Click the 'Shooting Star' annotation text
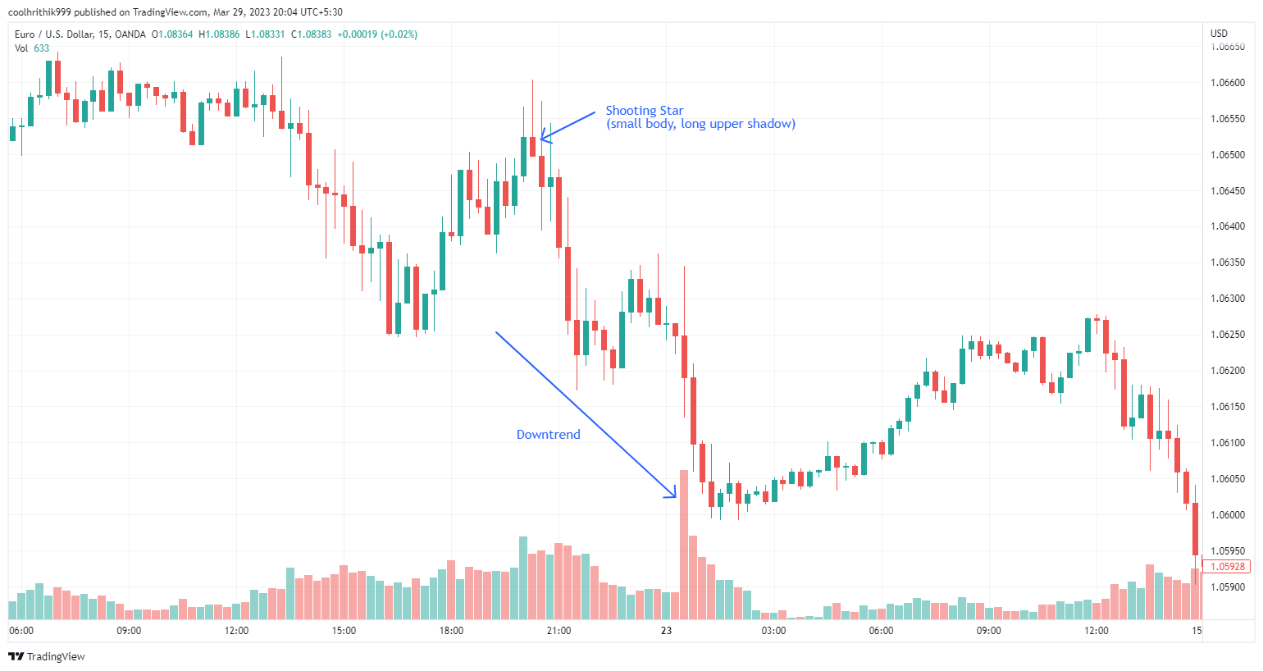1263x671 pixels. point(644,111)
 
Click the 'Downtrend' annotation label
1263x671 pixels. point(548,435)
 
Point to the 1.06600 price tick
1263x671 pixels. point(1228,83)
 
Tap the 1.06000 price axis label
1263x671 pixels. point(1228,515)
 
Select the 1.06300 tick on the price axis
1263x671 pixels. point(1228,299)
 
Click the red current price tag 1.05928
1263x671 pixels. point(1228,567)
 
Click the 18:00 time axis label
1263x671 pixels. point(451,631)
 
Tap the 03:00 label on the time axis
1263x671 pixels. point(773,631)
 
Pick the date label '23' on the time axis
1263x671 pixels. point(666,631)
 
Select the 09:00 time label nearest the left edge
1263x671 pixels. point(129,631)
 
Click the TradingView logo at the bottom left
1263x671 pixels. point(47,656)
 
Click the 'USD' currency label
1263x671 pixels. point(1219,34)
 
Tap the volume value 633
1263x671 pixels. point(41,48)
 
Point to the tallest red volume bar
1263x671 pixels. point(684,545)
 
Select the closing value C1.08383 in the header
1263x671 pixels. point(312,34)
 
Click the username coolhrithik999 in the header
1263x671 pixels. point(39,12)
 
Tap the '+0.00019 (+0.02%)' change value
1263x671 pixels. point(377,34)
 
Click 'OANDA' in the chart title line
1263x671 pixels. point(130,34)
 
